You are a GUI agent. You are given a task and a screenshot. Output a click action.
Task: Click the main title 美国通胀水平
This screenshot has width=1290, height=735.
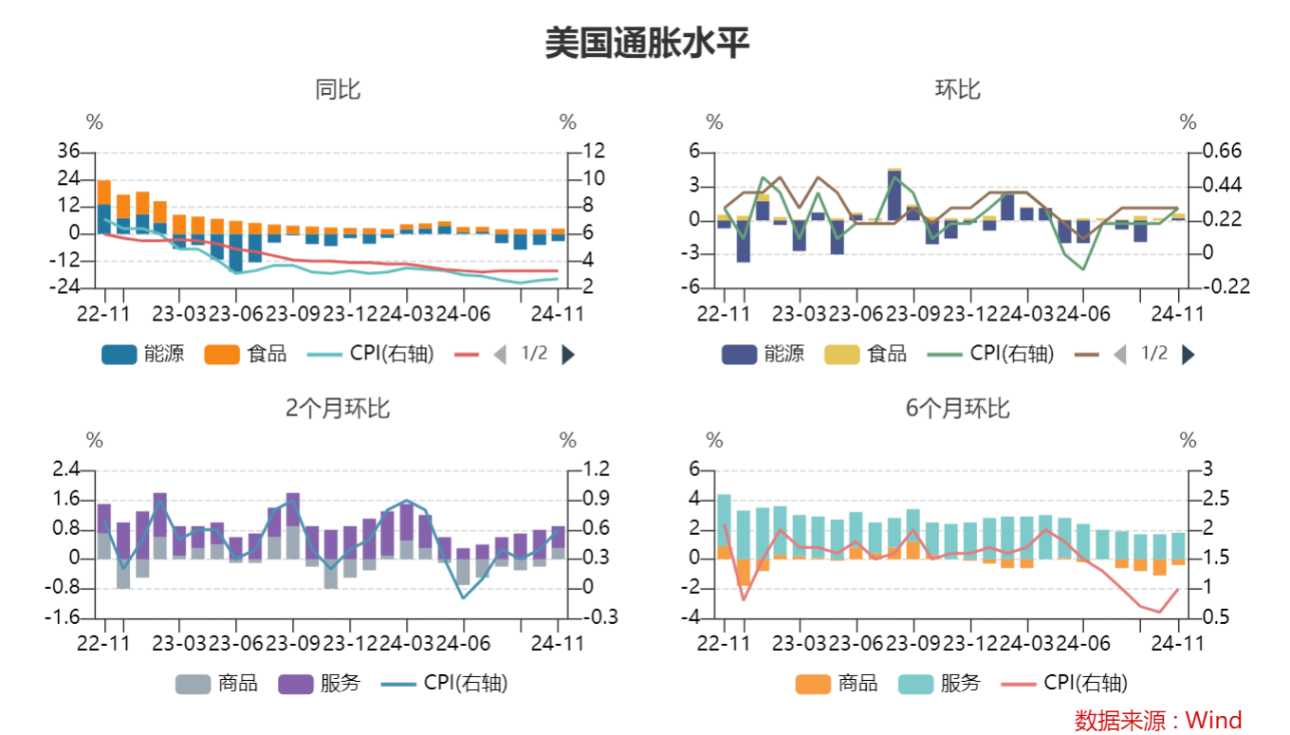click(x=646, y=44)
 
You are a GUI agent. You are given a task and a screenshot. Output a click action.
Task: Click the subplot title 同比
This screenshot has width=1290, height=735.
click(x=338, y=90)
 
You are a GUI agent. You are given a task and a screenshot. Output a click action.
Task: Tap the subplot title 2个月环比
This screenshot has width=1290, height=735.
click(x=338, y=408)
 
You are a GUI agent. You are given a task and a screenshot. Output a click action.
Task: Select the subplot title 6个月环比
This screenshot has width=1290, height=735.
click(x=958, y=408)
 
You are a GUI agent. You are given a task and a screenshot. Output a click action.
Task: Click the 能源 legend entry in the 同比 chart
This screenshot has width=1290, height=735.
click(x=142, y=354)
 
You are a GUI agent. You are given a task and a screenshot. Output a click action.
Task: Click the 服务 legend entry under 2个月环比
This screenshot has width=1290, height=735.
click(x=320, y=683)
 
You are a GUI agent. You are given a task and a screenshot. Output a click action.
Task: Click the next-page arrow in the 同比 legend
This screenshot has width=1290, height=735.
click(x=568, y=355)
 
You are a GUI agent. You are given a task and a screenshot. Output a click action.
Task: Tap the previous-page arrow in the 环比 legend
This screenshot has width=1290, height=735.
click(x=1119, y=355)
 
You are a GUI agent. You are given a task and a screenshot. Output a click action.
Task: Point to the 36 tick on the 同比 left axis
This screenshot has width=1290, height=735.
click(x=68, y=151)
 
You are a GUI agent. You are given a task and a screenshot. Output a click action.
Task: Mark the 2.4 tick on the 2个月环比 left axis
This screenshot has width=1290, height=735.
click(x=66, y=469)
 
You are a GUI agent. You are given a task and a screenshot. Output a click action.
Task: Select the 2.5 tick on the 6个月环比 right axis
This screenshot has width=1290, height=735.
click(x=1201, y=499)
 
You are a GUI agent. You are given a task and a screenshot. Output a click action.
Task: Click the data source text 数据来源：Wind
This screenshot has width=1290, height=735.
click(x=1157, y=720)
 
